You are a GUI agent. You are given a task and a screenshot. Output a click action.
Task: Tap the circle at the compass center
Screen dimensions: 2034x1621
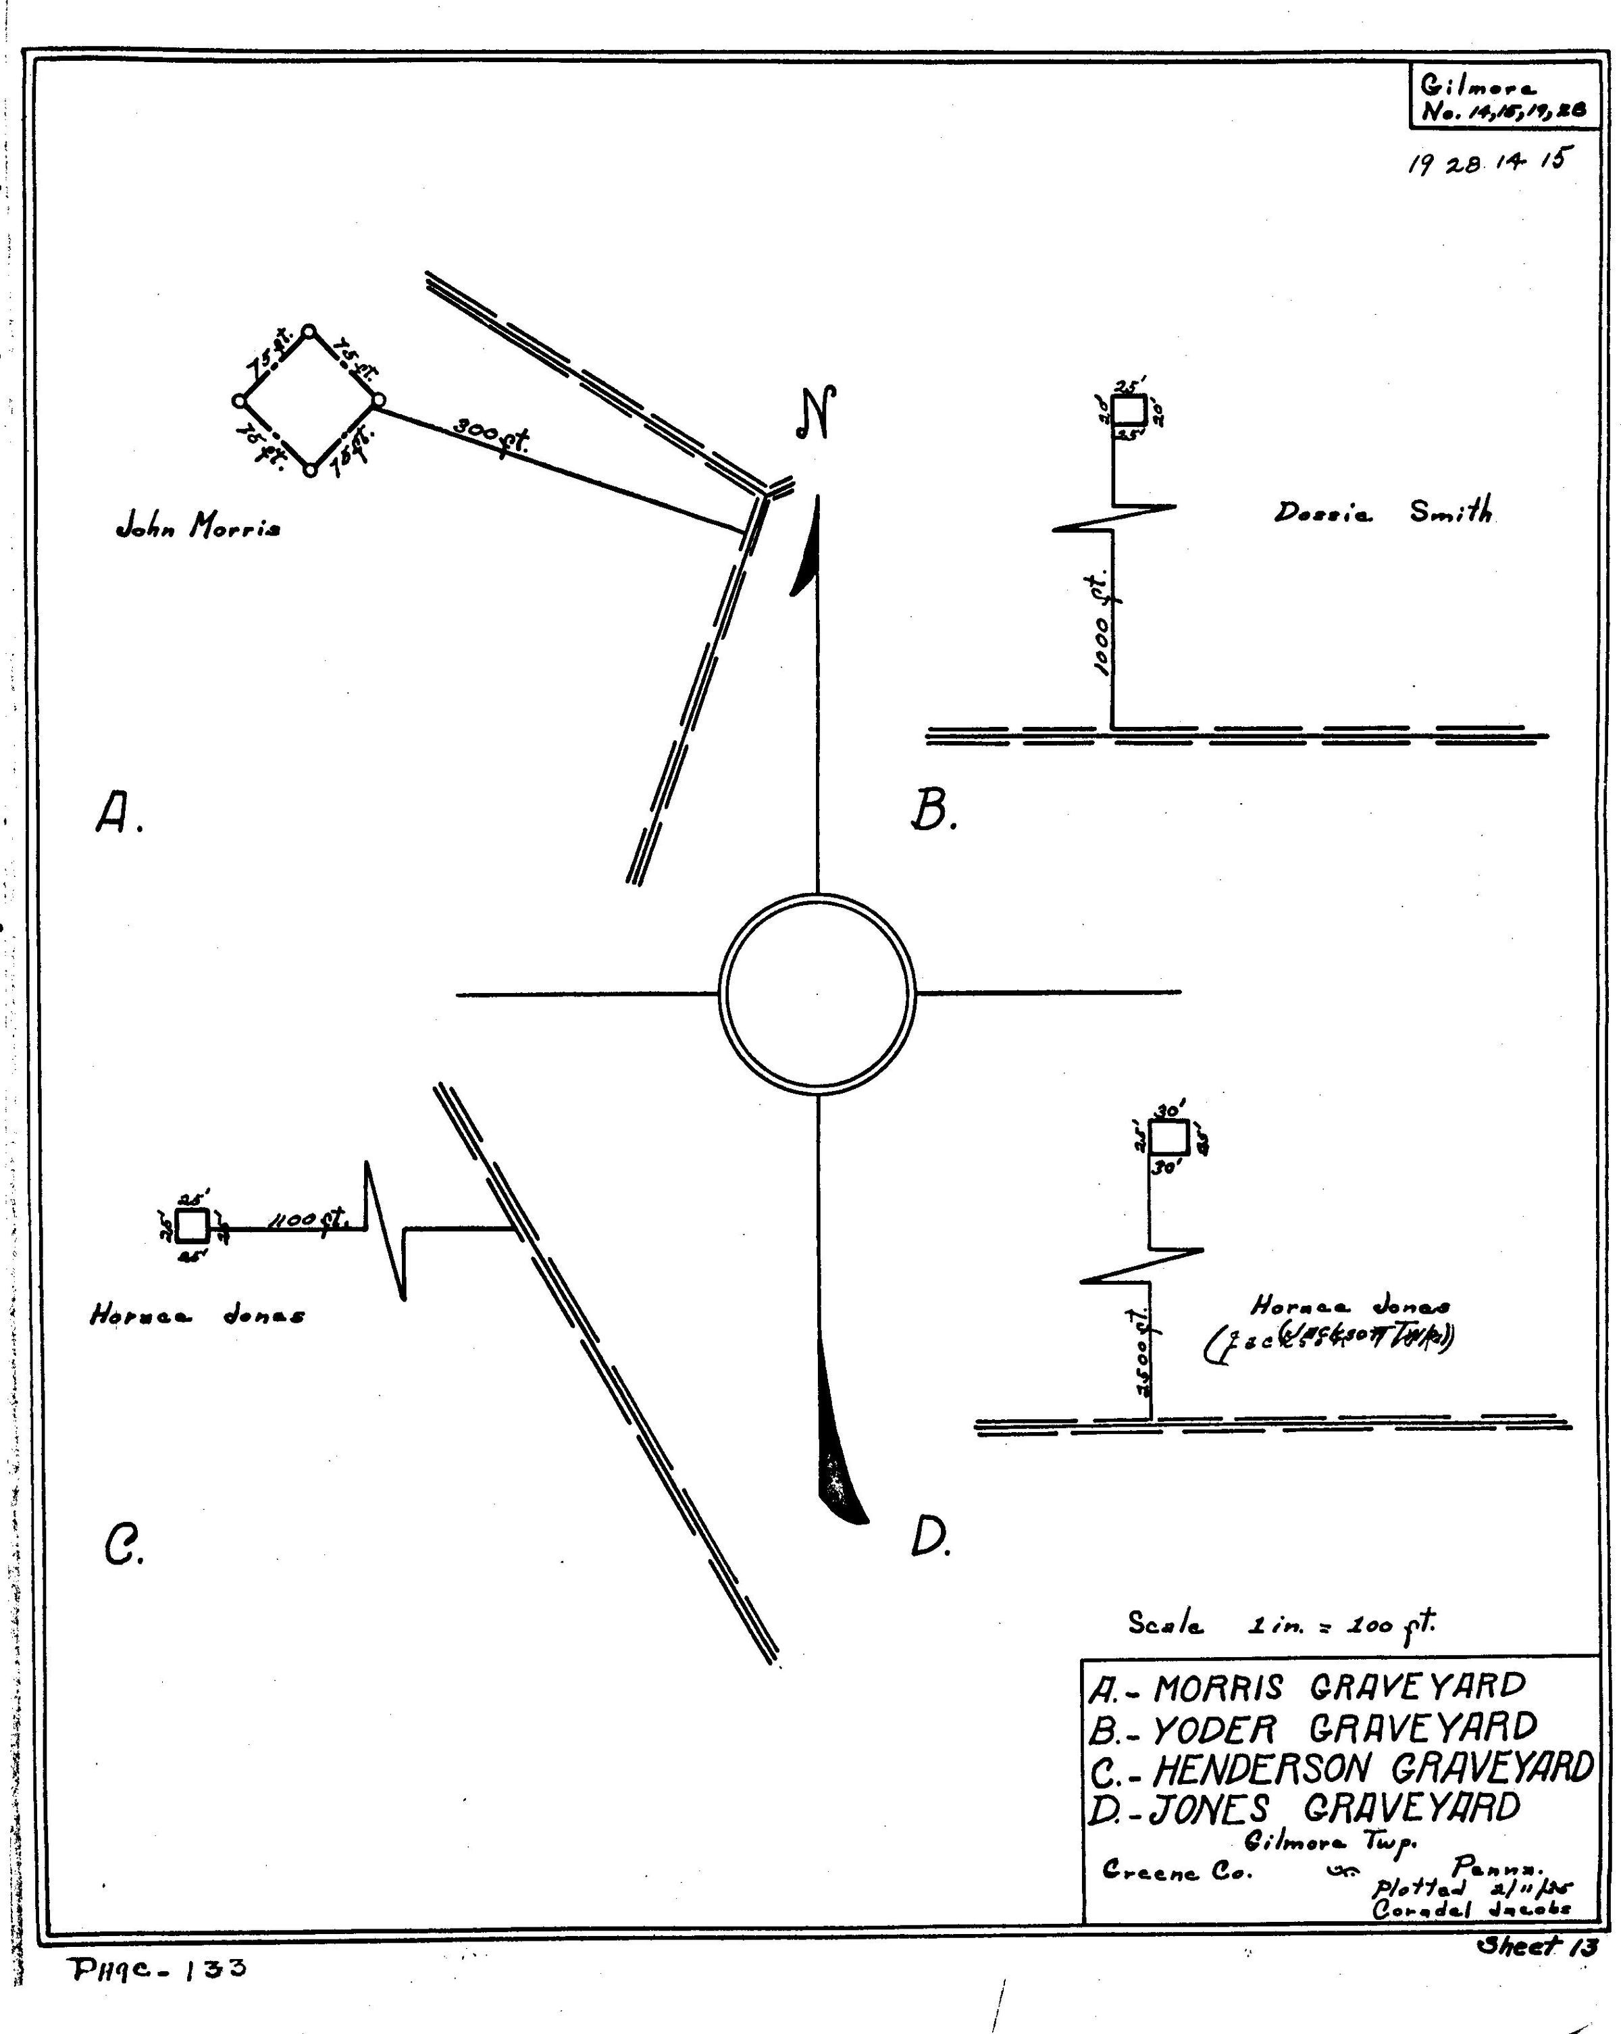pyautogui.click(x=817, y=994)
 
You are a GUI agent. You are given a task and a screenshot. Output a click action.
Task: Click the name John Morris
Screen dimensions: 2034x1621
pyautogui.click(x=197, y=526)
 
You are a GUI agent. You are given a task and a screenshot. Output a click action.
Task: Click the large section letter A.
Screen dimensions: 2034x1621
pyautogui.click(x=118, y=813)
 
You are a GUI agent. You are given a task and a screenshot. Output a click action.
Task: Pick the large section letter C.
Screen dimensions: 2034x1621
pyautogui.click(x=123, y=1546)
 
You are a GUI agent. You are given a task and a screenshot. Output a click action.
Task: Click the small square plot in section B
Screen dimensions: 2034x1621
pyautogui.click(x=1129, y=411)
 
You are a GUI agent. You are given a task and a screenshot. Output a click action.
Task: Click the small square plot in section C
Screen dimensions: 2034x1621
pyautogui.click(x=192, y=1225)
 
